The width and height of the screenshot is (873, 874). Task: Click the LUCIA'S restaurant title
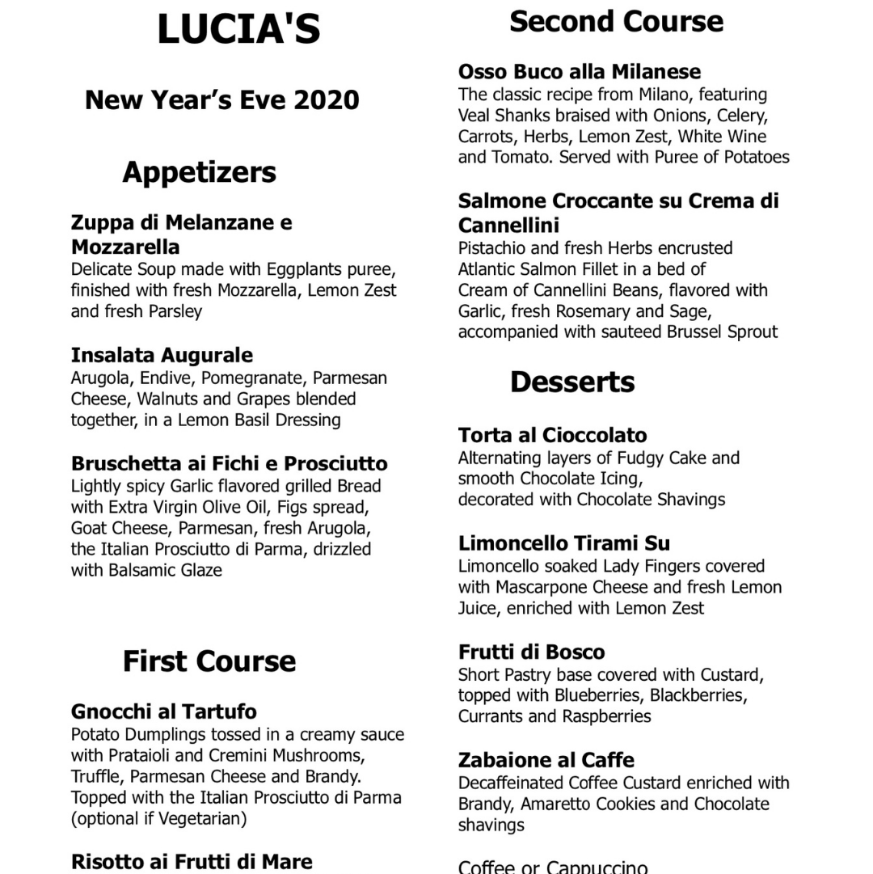pos(238,30)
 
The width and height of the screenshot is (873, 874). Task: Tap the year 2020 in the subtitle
pos(327,100)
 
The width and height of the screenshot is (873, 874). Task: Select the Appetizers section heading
pos(199,172)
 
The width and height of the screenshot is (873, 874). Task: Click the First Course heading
pos(209,661)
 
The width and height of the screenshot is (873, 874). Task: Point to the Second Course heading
pos(616,22)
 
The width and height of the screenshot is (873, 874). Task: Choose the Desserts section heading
pos(571,382)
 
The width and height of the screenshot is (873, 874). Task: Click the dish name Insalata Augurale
pos(162,355)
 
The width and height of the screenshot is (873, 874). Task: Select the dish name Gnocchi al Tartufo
pos(164,711)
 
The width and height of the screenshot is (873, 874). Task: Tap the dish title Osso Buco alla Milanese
pos(579,72)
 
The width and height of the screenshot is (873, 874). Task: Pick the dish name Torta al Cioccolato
pos(552,436)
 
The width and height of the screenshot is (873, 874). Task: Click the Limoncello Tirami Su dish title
pos(563,543)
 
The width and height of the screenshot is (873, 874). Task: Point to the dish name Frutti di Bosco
pos(531,652)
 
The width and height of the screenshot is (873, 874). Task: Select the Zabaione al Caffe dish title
pos(546,760)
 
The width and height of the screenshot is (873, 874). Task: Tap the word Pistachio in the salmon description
pos(493,248)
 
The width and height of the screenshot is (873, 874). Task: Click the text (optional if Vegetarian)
pos(158,818)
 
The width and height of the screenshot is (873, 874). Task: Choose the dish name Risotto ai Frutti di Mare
pos(192,862)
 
